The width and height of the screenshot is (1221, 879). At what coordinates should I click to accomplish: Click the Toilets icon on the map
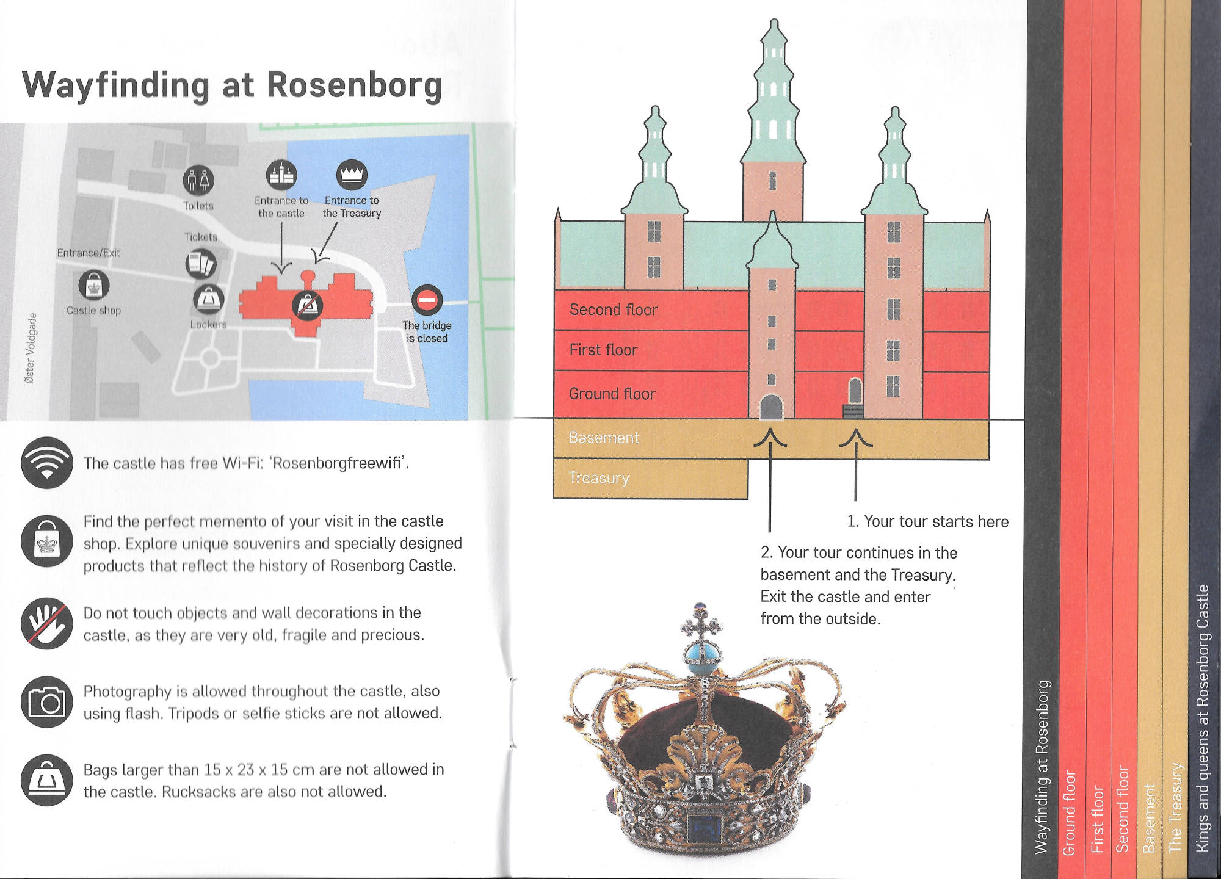coord(198,180)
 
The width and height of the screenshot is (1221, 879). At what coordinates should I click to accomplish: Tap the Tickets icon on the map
coord(201,264)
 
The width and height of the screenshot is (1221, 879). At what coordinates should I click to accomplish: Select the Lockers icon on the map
coord(209,300)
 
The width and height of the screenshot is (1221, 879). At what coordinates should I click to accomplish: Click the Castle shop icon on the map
coord(94,285)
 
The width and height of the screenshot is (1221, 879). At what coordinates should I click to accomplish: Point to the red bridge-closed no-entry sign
coord(427,300)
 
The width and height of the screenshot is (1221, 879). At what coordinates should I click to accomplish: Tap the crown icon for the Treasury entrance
coord(352,175)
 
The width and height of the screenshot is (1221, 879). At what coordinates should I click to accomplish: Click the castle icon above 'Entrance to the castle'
coord(281,175)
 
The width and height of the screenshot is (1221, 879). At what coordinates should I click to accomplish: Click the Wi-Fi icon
coord(47,463)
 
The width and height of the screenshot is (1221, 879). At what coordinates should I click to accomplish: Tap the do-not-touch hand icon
coord(47,623)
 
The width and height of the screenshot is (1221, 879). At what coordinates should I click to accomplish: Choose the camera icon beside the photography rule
coord(47,702)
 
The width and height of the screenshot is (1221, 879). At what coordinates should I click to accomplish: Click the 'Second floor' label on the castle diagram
coord(614,309)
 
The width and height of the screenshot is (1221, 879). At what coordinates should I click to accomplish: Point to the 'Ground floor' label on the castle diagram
coord(612,394)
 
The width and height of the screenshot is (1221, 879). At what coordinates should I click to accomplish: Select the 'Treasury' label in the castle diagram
coord(599,478)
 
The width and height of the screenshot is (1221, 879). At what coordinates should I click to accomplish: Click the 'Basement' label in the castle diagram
coord(604,438)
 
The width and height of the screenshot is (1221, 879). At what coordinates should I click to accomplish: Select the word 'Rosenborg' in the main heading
coord(354,85)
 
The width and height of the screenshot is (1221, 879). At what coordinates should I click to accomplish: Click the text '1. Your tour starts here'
coord(927,521)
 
